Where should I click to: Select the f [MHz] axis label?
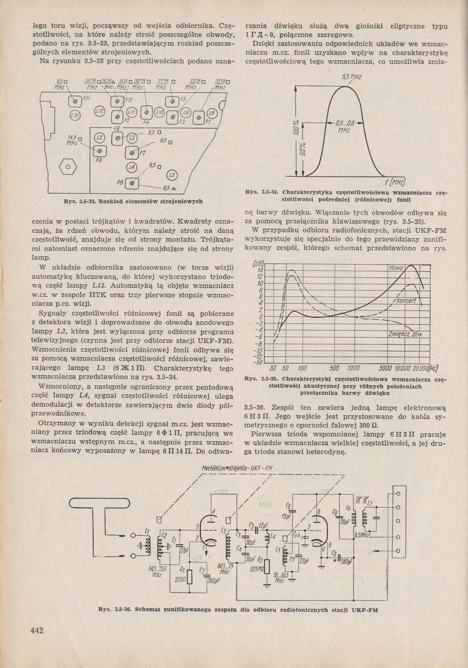click(x=395, y=182)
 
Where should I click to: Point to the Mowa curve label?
click(x=395, y=269)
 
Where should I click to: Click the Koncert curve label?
click(x=404, y=301)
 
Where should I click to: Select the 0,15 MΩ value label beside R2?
click(x=258, y=568)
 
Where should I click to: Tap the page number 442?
click(x=36, y=632)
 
